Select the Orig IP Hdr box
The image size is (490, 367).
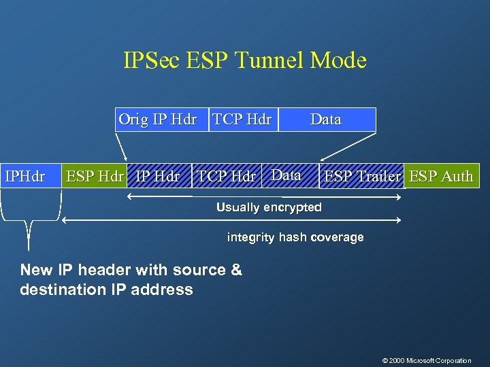tap(158, 120)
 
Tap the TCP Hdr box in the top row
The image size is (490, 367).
tap(242, 120)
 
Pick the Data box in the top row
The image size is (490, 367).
tap(326, 120)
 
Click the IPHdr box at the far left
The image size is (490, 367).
tap(25, 176)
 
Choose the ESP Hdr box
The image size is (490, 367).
tap(95, 176)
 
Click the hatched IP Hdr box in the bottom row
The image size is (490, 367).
tap(159, 176)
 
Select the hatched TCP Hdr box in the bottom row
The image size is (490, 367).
tap(227, 176)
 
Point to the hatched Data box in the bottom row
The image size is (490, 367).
tap(289, 175)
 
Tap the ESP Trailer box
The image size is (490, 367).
tap(363, 176)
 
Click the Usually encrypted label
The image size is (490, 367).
tap(269, 207)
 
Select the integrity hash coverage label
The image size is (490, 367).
tap(295, 237)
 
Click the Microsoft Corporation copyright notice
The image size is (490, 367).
tap(427, 360)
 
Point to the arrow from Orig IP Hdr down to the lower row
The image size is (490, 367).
tap(120, 147)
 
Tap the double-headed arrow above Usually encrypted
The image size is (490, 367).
tap(265, 196)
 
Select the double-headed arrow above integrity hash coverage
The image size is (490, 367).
tap(231, 220)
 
